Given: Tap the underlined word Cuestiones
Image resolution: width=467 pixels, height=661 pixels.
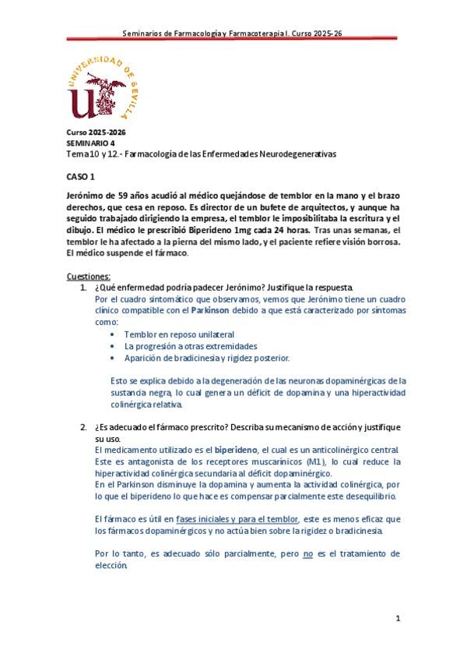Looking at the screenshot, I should (88, 276).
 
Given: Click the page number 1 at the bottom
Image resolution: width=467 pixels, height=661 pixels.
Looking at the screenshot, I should (397, 618).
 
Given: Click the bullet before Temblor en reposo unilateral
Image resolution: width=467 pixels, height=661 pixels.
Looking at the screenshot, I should (114, 334).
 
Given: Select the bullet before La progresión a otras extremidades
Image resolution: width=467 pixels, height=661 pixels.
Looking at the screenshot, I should (114, 346).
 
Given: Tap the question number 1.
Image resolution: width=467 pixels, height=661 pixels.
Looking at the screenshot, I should (83, 288).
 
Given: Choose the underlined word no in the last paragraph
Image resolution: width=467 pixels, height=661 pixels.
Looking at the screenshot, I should (307, 554).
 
